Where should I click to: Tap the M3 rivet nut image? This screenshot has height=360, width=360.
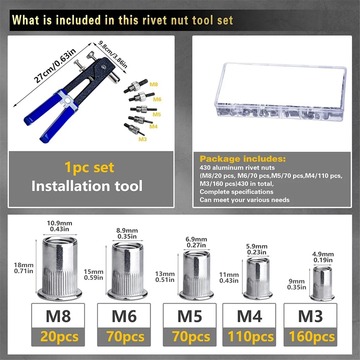tap(323, 283)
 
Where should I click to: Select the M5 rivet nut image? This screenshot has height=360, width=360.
tap(196, 274)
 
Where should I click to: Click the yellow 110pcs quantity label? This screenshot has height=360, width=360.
tap(250, 337)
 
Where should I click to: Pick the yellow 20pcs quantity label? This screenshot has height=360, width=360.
tap(59, 337)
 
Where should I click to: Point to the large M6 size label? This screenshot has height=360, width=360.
tap(124, 316)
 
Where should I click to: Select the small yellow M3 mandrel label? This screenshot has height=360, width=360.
tap(142, 139)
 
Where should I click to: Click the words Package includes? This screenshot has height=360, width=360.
tap(243, 159)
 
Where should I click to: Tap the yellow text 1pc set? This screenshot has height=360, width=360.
tap(89, 167)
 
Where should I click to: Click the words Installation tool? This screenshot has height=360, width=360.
tap(87, 186)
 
